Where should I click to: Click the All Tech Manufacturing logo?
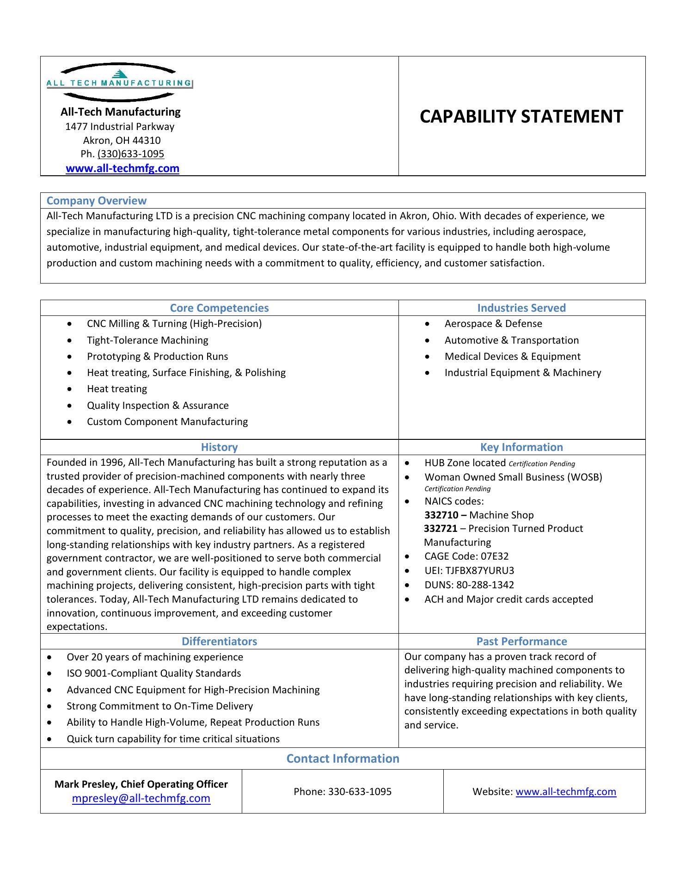pos(119,83)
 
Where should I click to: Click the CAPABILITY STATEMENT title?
pos(521,117)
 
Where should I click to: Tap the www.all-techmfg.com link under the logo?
pos(122,168)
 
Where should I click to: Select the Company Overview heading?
pos(96,201)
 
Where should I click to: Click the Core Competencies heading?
pos(219,308)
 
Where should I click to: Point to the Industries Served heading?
pos(521,308)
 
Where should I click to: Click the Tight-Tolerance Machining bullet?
pos(147,340)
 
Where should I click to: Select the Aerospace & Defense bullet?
pos(493,324)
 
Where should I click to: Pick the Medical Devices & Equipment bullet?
pos(512,357)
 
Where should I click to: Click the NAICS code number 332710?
pos(441,515)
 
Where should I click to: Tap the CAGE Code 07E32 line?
pos(466,556)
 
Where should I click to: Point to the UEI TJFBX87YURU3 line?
pos(469,571)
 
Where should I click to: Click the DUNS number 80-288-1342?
pos(485,585)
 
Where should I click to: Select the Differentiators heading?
pos(219,641)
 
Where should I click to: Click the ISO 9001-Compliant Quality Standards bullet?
pos(154,673)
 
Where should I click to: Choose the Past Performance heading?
pos(521,641)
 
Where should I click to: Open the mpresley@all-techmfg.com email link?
pos(141,798)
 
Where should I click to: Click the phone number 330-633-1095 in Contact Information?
pos(360,792)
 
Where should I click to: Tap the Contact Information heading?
pos(343,758)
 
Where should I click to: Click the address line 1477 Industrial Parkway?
pos(120,127)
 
